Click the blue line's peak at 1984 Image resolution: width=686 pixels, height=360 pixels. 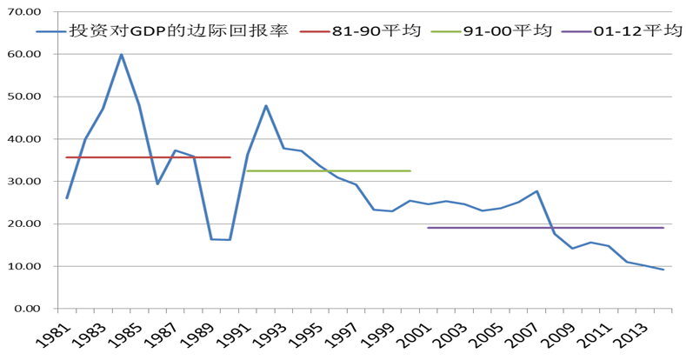(121, 55)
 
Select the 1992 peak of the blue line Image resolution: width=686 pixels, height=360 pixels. (266, 106)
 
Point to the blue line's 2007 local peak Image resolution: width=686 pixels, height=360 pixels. (537, 191)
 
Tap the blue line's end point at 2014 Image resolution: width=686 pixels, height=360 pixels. (663, 270)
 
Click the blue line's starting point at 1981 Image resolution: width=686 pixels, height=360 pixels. (67, 198)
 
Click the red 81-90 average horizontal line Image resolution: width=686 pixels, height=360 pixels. (148, 157)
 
